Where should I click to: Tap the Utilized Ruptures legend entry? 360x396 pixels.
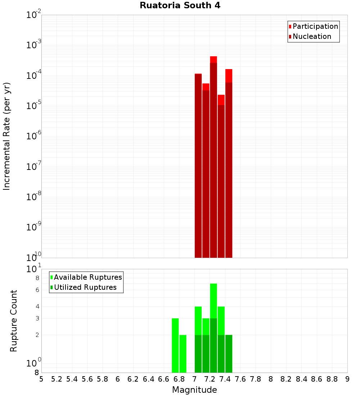(85, 287)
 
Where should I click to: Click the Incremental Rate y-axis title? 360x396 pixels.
(7, 136)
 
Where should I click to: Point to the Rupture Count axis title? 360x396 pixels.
(14, 321)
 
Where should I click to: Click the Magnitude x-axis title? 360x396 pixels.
(194, 390)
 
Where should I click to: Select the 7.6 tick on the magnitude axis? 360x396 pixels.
(240, 379)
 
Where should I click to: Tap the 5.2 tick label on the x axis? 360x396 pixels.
(57, 379)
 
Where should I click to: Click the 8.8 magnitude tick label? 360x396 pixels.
(332, 379)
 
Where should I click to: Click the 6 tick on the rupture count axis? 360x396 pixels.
(37, 290)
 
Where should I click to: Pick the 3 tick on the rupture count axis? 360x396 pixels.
(37, 318)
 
